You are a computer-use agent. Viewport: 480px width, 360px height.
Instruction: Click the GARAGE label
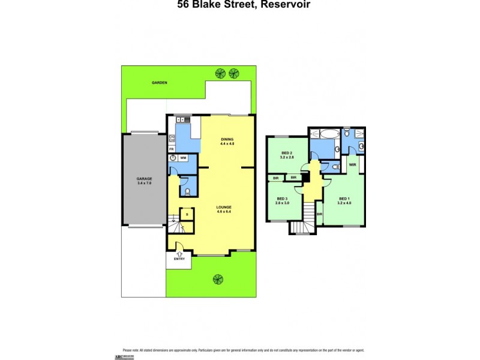143,178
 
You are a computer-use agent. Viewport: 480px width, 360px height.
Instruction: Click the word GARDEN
159,83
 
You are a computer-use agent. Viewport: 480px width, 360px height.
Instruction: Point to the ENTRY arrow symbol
179,254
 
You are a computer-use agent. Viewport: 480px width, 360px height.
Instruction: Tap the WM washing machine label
184,158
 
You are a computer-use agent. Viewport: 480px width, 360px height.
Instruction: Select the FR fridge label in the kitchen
172,148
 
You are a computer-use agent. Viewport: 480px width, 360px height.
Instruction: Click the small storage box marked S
187,214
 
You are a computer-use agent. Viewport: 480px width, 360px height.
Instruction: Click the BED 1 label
344,200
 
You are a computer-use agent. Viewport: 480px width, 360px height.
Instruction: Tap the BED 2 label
287,154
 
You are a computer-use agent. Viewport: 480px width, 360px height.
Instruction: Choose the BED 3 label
282,200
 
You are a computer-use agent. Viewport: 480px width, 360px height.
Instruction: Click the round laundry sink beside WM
173,158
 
